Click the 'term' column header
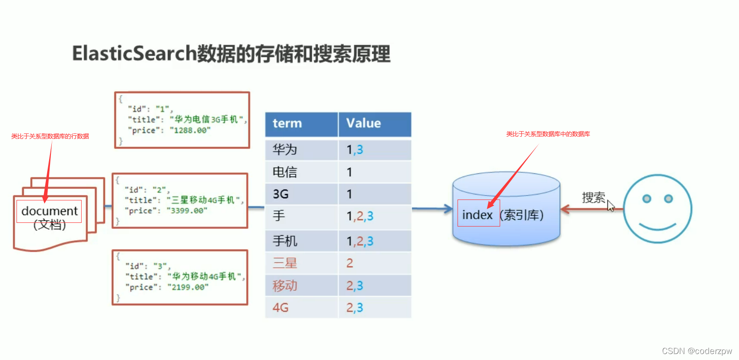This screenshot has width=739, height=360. coord(287,123)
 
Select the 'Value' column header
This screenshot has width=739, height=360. coord(364,123)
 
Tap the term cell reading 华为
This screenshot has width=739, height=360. coord(285,150)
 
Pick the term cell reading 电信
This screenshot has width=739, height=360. coord(285,172)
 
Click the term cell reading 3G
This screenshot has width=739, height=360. coord(281,194)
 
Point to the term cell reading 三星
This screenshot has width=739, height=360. coord(285,263)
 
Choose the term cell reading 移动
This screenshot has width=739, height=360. coord(285,286)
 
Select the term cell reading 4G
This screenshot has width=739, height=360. coord(281,307)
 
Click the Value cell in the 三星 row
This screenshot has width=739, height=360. coord(350,263)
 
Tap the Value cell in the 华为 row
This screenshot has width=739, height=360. coord(355,150)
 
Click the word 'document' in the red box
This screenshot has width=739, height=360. coord(50,211)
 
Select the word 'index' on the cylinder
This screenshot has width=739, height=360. coord(477,215)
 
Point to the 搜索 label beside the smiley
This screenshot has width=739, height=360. coord(593,198)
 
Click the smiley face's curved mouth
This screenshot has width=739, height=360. coord(657,227)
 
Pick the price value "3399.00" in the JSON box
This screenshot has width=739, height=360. coord(187,210)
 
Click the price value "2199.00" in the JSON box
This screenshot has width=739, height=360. coord(188,287)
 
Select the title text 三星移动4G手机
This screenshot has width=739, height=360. coord(205,200)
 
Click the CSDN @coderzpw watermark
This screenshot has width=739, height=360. coord(697,351)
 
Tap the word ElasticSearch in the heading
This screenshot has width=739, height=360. coord(134,53)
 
